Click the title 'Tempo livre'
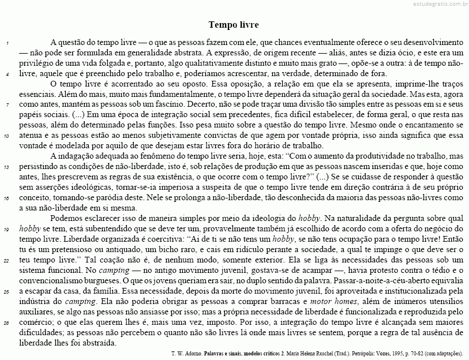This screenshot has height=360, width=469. click(234, 25)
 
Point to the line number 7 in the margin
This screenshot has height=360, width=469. click(6, 106)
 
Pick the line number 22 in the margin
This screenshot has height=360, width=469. click(6, 260)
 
